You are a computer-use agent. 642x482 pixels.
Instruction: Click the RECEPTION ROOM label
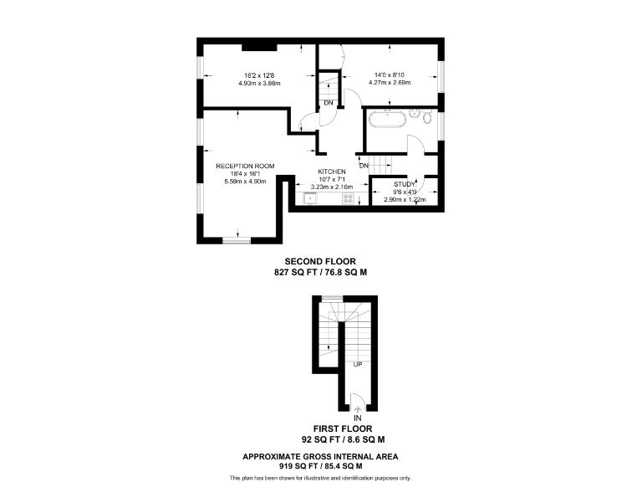pyautogui.click(x=244, y=166)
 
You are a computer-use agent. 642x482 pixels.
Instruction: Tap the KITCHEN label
pyautogui.click(x=331, y=172)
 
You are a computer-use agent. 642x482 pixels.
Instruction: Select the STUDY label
pyautogui.click(x=405, y=183)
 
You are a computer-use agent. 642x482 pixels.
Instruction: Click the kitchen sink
pyautogui.click(x=311, y=199)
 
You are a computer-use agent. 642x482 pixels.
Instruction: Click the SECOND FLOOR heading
pyautogui.click(x=320, y=261)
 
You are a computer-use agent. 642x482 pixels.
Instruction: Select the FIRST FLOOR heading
pyautogui.click(x=342, y=428)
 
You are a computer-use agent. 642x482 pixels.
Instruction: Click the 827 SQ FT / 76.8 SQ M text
pyautogui.click(x=320, y=273)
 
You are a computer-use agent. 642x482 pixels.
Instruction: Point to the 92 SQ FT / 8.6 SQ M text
pyautogui.click(x=342, y=438)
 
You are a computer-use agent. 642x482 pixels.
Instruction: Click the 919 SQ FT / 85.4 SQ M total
pyautogui.click(x=320, y=465)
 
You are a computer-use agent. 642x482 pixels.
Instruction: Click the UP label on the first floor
pyautogui.click(x=357, y=364)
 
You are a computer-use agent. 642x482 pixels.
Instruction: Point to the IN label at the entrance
pyautogui.click(x=357, y=418)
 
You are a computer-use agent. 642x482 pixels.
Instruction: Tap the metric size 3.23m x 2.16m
pyautogui.click(x=332, y=187)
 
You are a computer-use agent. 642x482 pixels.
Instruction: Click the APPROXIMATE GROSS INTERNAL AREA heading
pyautogui.click(x=320, y=455)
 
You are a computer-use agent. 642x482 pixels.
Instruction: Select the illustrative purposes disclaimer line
pyautogui.click(x=320, y=477)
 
